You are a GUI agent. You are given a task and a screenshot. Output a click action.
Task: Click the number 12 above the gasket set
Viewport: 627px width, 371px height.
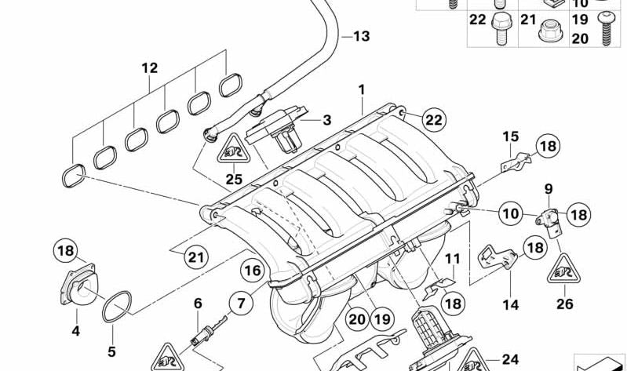pos(150,68)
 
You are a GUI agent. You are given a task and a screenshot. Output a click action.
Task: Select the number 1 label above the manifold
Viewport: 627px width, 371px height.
pos(362,90)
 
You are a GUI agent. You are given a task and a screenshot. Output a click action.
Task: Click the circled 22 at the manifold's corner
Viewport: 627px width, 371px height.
pos(432,119)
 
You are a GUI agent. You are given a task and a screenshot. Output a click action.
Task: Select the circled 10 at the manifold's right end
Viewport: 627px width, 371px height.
pos(510,212)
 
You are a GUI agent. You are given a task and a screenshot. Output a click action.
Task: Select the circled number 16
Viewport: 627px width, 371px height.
pos(251,271)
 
